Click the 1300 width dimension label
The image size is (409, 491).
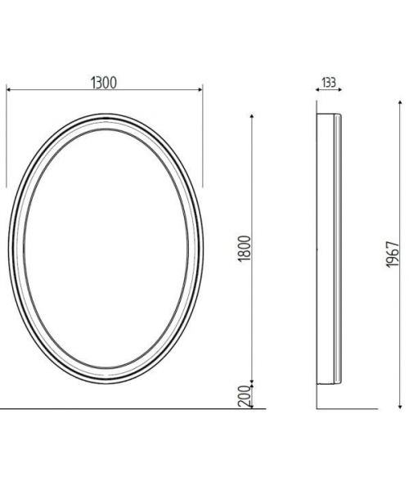coord(104,83)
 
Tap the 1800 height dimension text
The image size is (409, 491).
coord(245,249)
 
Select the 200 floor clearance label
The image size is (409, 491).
coord(245,396)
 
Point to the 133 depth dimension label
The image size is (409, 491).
coord(329,83)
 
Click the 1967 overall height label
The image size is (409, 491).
coord(393,255)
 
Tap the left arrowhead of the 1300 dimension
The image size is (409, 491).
coord(9,90)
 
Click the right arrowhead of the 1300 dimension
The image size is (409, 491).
coord(200,90)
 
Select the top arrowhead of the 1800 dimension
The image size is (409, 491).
coord(252,117)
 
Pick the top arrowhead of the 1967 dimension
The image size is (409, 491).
coord(400,103)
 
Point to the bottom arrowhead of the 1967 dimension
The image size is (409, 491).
coord(400,406)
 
